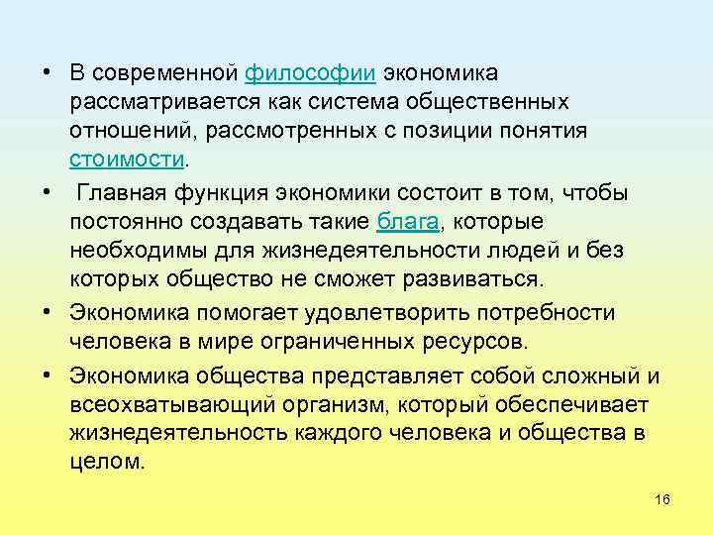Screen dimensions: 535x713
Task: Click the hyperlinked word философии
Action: pos(310,73)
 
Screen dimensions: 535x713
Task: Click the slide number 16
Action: pos(662,498)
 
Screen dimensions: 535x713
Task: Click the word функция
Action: pos(231,189)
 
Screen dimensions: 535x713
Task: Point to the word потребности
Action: pos(550,313)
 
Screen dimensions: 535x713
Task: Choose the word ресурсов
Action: pos(482,342)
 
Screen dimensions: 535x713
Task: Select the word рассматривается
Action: pos(158,102)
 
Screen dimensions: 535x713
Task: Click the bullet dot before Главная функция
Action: pos(47,189)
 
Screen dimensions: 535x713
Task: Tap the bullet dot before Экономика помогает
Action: pos(47,313)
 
